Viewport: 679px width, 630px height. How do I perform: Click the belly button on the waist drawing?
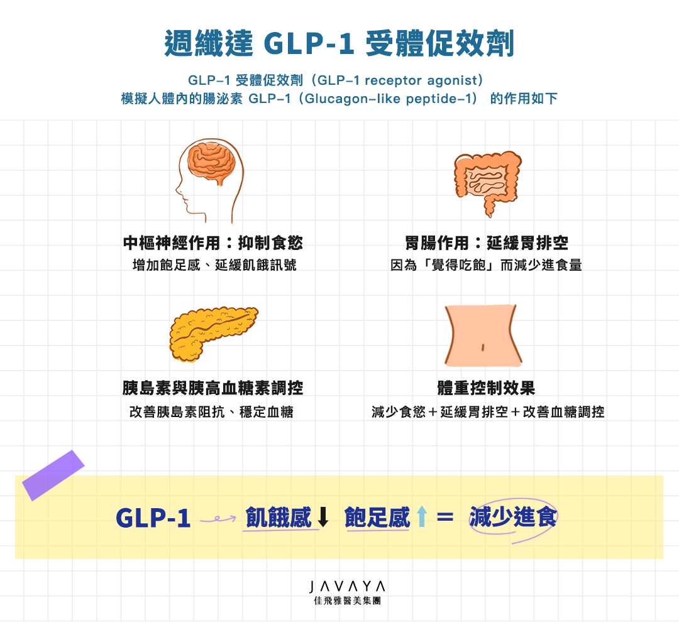coord(482,346)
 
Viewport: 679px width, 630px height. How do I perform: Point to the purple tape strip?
coord(53,475)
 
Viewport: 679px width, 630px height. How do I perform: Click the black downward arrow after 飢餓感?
coord(323,518)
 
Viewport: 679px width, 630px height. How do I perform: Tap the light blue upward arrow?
coord(421,518)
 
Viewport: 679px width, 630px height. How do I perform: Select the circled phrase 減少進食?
coord(513,518)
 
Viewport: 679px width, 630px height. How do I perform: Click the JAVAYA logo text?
coord(348,587)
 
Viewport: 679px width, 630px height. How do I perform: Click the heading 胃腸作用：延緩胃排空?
coord(487,243)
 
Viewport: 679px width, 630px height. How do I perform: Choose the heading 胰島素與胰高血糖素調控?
coord(213,388)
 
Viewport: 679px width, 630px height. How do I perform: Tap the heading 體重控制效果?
coord(487,388)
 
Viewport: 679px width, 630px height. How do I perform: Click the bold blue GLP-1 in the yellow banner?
coord(153,518)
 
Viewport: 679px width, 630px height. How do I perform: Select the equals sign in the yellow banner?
coord(445,518)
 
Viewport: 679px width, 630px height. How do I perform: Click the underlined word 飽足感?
coord(377,518)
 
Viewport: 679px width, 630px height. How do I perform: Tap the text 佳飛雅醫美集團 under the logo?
coord(348,600)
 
